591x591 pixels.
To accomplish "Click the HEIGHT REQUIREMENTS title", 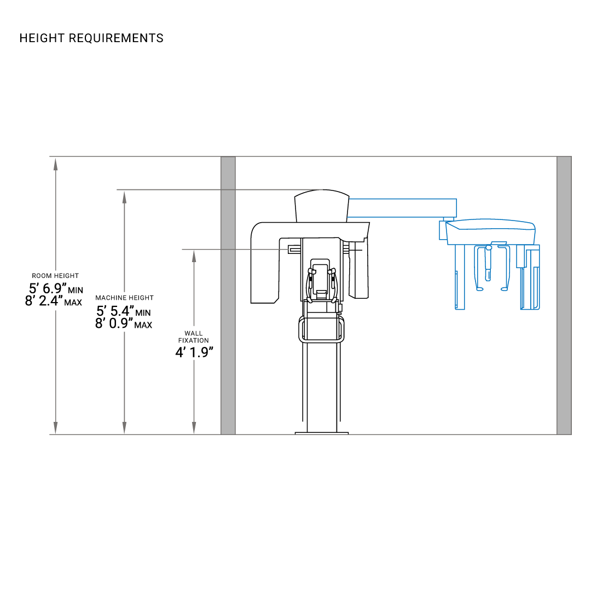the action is (91, 38).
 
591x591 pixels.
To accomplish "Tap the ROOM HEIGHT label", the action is (55, 276).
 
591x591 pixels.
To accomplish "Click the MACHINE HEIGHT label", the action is (124, 298).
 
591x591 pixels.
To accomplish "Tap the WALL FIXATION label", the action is (193, 337).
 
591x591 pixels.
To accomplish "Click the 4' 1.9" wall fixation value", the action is (194, 352).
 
